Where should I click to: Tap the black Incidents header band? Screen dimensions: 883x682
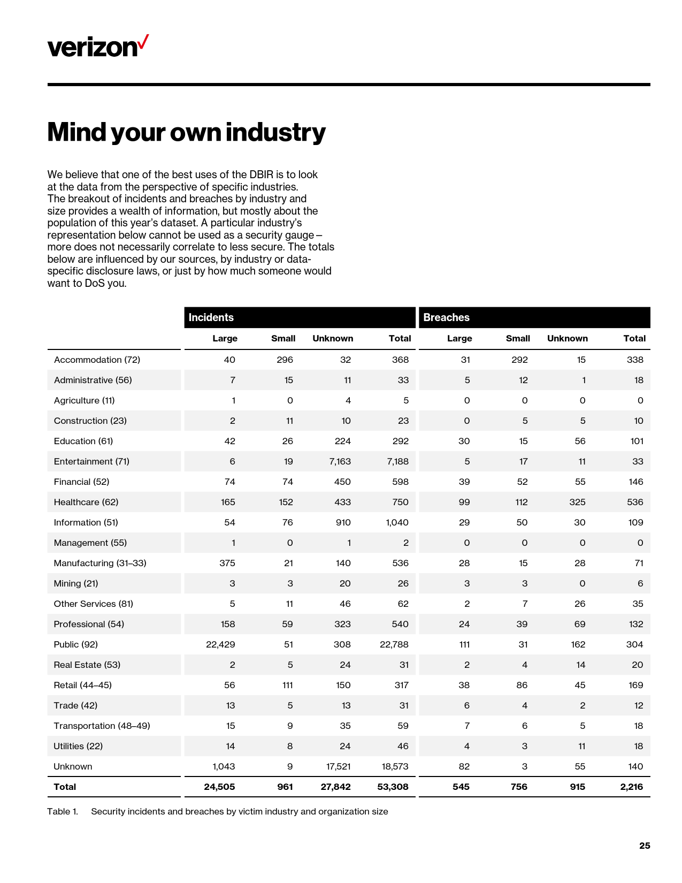(x=300, y=317)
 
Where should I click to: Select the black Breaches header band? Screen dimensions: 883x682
(x=534, y=317)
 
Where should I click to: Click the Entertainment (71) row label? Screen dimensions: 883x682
(x=91, y=461)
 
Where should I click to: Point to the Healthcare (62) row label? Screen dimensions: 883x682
(x=86, y=502)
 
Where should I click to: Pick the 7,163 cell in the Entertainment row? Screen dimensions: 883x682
(x=340, y=461)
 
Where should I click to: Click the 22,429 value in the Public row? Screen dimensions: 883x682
(x=220, y=644)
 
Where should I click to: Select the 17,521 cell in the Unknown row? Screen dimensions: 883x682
(x=338, y=766)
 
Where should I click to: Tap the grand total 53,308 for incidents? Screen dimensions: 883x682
(x=394, y=787)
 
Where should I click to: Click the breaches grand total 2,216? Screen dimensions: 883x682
(x=631, y=787)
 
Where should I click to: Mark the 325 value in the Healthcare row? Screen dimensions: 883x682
(x=577, y=502)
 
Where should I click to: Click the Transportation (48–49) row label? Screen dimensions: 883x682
(x=102, y=726)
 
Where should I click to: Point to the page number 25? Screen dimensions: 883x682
(x=645, y=846)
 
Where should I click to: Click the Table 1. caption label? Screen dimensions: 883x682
(x=63, y=811)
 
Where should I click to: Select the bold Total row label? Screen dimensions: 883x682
(x=65, y=787)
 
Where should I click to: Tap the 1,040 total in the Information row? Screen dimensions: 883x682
(x=397, y=522)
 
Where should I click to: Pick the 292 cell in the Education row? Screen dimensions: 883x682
(x=400, y=441)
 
